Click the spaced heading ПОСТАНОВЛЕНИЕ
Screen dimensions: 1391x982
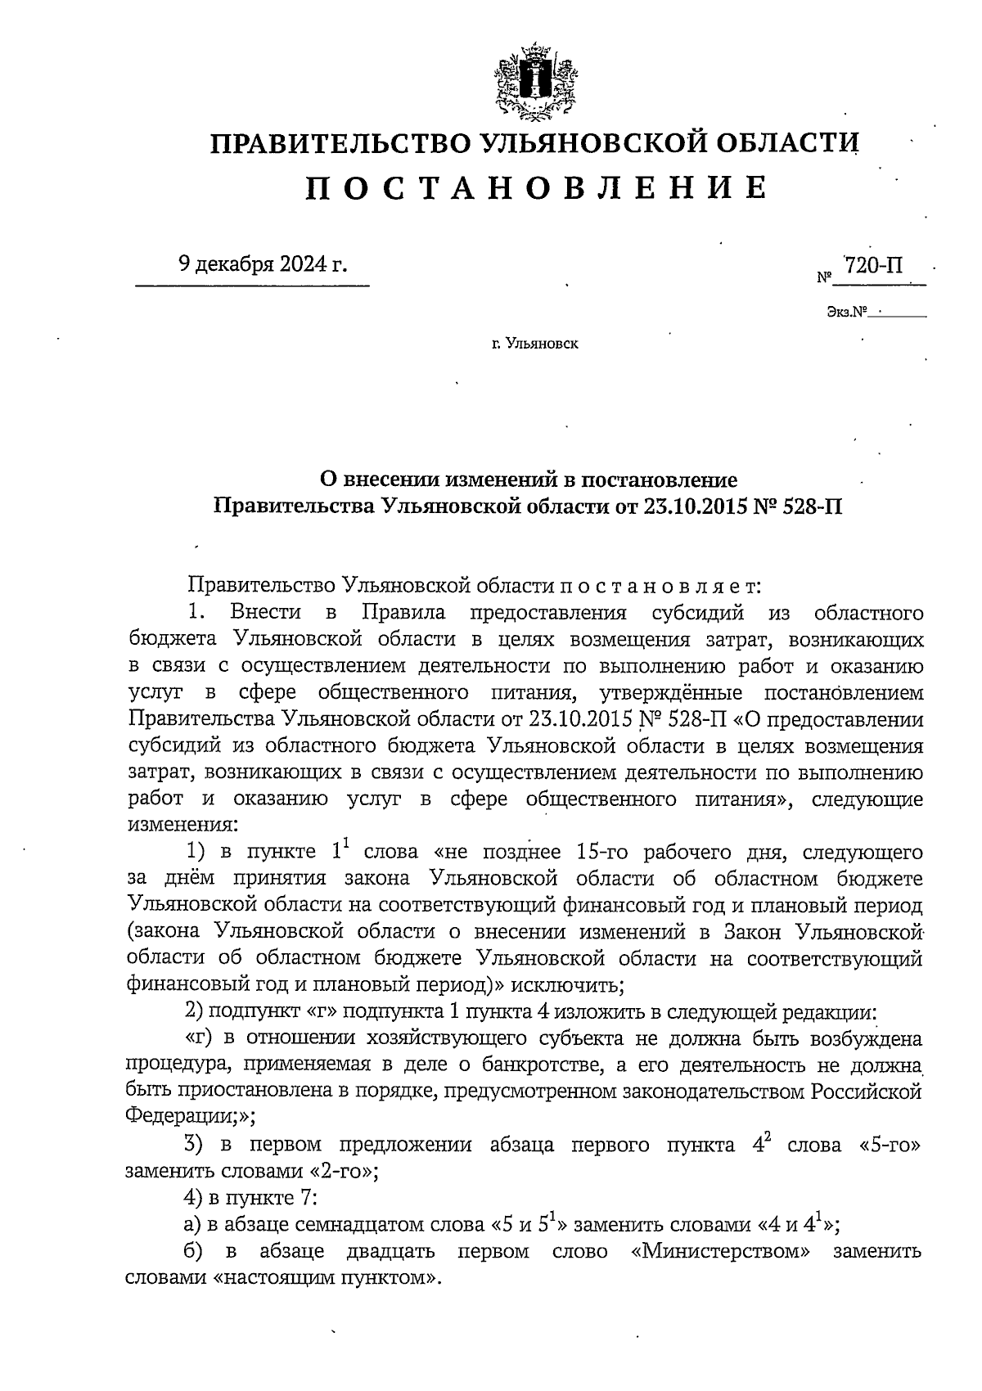[x=537, y=187]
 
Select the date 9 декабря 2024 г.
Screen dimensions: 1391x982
[x=262, y=265]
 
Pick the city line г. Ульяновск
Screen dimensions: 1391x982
[x=534, y=344]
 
